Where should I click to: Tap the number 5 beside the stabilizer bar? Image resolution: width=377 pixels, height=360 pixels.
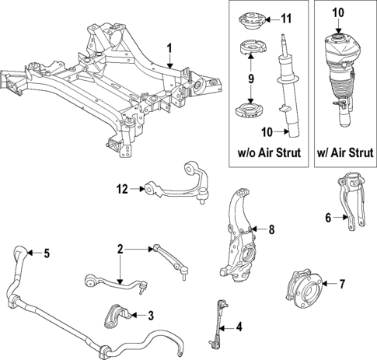tap(46, 253)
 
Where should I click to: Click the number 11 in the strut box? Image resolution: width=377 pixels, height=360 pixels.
tap(286, 18)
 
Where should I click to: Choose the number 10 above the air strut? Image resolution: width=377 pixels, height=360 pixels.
tap(337, 12)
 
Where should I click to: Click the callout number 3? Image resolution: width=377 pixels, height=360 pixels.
tap(150, 315)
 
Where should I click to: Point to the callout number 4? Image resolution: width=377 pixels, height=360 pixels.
tap(239, 327)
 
